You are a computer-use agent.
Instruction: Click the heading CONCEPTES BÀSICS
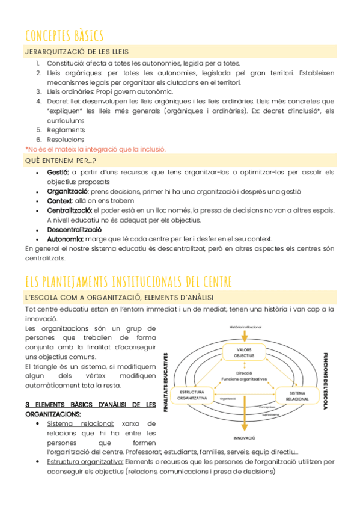coord(64,35)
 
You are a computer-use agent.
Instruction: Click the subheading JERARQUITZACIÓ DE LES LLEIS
coord(76,52)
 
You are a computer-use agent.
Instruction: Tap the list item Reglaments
coord(66,129)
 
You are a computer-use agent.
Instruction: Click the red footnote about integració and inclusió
coord(96,149)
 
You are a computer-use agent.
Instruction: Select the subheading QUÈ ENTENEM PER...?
coord(60,161)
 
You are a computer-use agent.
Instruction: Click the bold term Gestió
coord(58,172)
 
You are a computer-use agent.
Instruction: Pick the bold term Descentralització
coord(74,229)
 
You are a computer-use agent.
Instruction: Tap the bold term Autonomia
coord(65,239)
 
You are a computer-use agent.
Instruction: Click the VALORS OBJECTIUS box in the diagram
coord(244,352)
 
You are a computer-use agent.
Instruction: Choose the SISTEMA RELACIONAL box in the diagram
coord(293,395)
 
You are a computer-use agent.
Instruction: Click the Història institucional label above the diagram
coord(245,327)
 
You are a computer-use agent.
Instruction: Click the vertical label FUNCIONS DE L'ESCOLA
coord(325,381)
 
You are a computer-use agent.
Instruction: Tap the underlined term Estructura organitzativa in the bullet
coord(85,462)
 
